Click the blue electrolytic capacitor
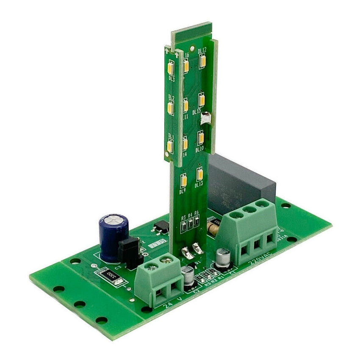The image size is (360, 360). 113,237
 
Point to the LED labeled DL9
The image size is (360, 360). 184,181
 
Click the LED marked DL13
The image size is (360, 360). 199,174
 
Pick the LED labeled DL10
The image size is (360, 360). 201,138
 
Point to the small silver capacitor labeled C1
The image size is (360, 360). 222,258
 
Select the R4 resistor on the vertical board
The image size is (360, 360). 191,224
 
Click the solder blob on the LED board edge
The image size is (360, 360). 206,118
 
